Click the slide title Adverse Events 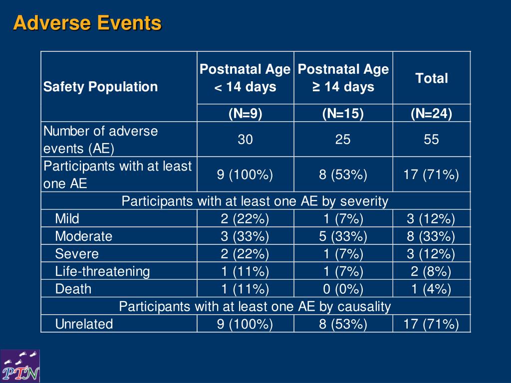87,23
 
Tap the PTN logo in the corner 20,366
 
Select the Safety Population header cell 100,87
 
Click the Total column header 432,78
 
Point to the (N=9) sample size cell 246,113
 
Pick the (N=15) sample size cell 343,113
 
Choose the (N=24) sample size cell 432,113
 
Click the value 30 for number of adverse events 245,140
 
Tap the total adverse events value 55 431,140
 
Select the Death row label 73,289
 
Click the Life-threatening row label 103,271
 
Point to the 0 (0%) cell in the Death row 343,289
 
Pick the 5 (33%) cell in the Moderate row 343,236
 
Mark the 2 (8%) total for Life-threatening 431,271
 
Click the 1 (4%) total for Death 431,289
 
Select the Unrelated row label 84,324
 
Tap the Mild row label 67,218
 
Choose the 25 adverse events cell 343,140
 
